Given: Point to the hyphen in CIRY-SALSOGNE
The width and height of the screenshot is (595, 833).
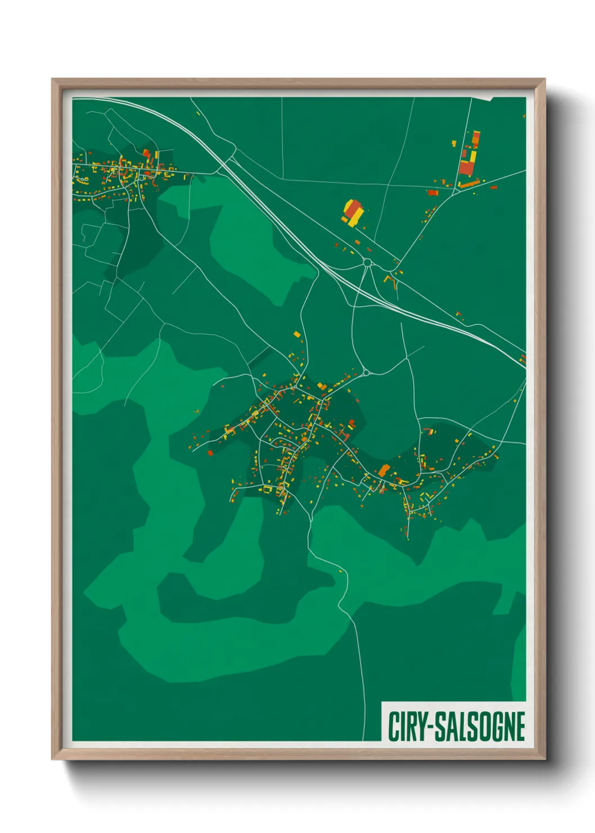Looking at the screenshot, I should coord(430,727).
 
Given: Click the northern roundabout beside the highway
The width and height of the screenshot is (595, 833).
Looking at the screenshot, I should coord(367,262).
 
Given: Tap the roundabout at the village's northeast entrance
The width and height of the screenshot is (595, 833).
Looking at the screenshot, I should coord(366,372).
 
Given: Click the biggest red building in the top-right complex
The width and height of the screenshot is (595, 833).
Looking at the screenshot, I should coord(466,167).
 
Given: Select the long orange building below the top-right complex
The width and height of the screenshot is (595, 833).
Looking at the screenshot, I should coord(469,183).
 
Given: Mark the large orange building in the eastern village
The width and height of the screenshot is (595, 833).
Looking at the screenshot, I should coord(384,470).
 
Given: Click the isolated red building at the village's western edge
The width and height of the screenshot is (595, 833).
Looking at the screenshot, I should coord(210,453).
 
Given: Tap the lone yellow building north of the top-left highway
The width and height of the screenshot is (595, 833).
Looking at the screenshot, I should coord(198,113).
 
